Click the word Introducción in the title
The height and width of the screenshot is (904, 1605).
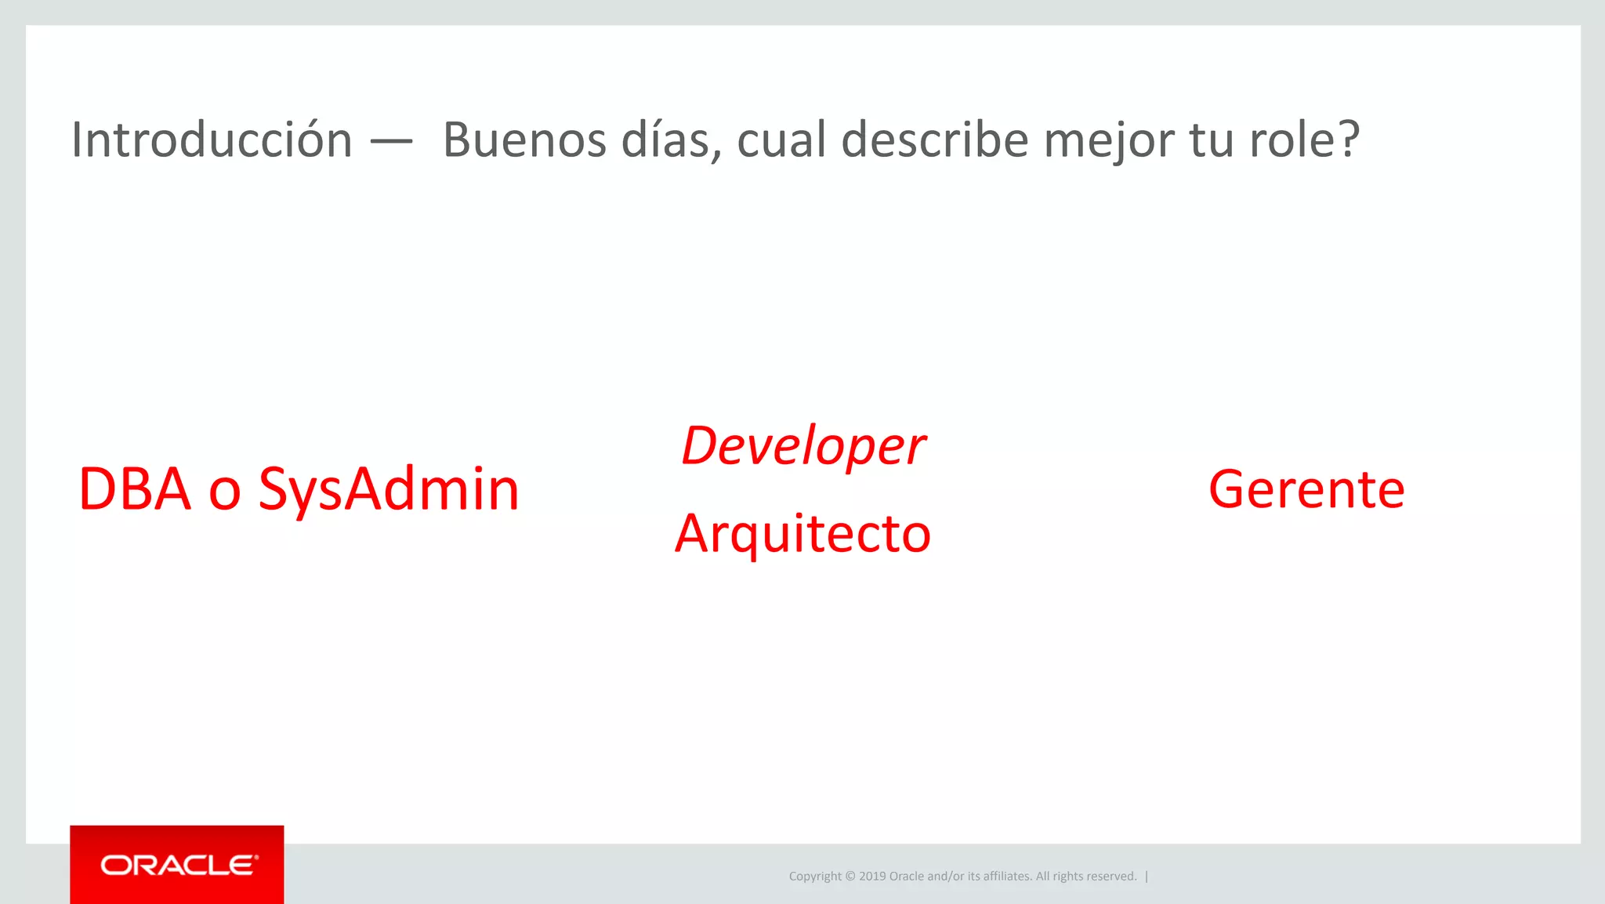212,140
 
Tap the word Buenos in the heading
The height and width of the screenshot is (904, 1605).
524,140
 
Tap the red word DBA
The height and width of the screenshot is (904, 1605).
135,489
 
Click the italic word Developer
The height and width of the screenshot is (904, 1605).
803,446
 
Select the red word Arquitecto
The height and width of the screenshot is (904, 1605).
803,534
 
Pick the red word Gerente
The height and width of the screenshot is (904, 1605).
1306,489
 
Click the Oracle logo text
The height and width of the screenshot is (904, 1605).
178,866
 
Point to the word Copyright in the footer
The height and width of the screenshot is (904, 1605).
815,877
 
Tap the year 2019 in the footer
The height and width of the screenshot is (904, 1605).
872,877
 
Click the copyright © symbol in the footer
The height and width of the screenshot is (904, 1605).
850,877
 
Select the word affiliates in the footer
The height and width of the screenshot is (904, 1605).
1006,877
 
